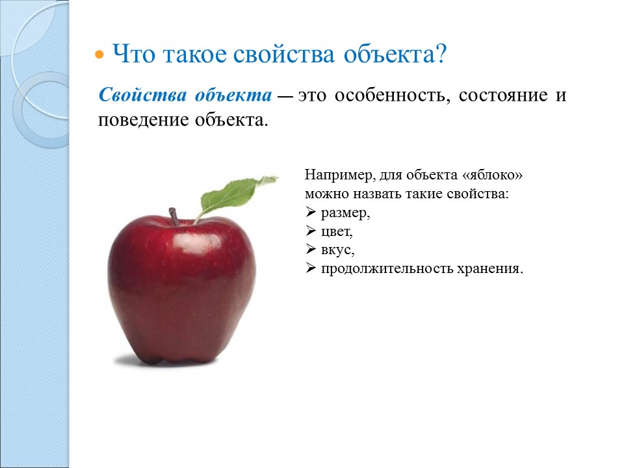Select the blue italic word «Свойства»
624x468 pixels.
pos(142,95)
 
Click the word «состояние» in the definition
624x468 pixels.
pos(503,96)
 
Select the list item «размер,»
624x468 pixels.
pos(345,213)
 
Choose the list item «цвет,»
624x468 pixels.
pos(337,231)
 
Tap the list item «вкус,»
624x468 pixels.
pos(337,250)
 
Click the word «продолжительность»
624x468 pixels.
pos(387,269)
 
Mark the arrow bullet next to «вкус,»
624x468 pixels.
pos(311,249)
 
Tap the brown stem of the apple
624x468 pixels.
pos(174,217)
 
